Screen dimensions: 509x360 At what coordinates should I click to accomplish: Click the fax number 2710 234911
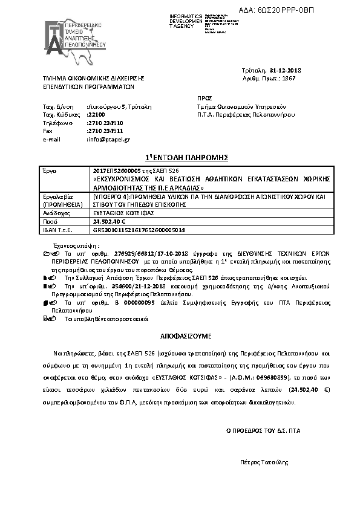[x=105, y=130]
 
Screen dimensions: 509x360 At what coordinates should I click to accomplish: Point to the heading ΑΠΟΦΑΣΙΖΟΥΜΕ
[x=180, y=334]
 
